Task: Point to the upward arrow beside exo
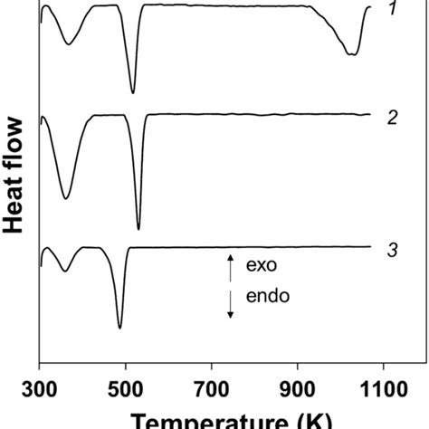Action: click(230, 267)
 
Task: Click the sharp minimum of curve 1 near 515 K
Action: click(132, 91)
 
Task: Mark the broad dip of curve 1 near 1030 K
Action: click(352, 54)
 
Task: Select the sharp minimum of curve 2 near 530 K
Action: click(138, 229)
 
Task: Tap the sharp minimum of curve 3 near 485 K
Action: click(119, 327)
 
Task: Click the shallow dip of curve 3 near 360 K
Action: click(64, 271)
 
